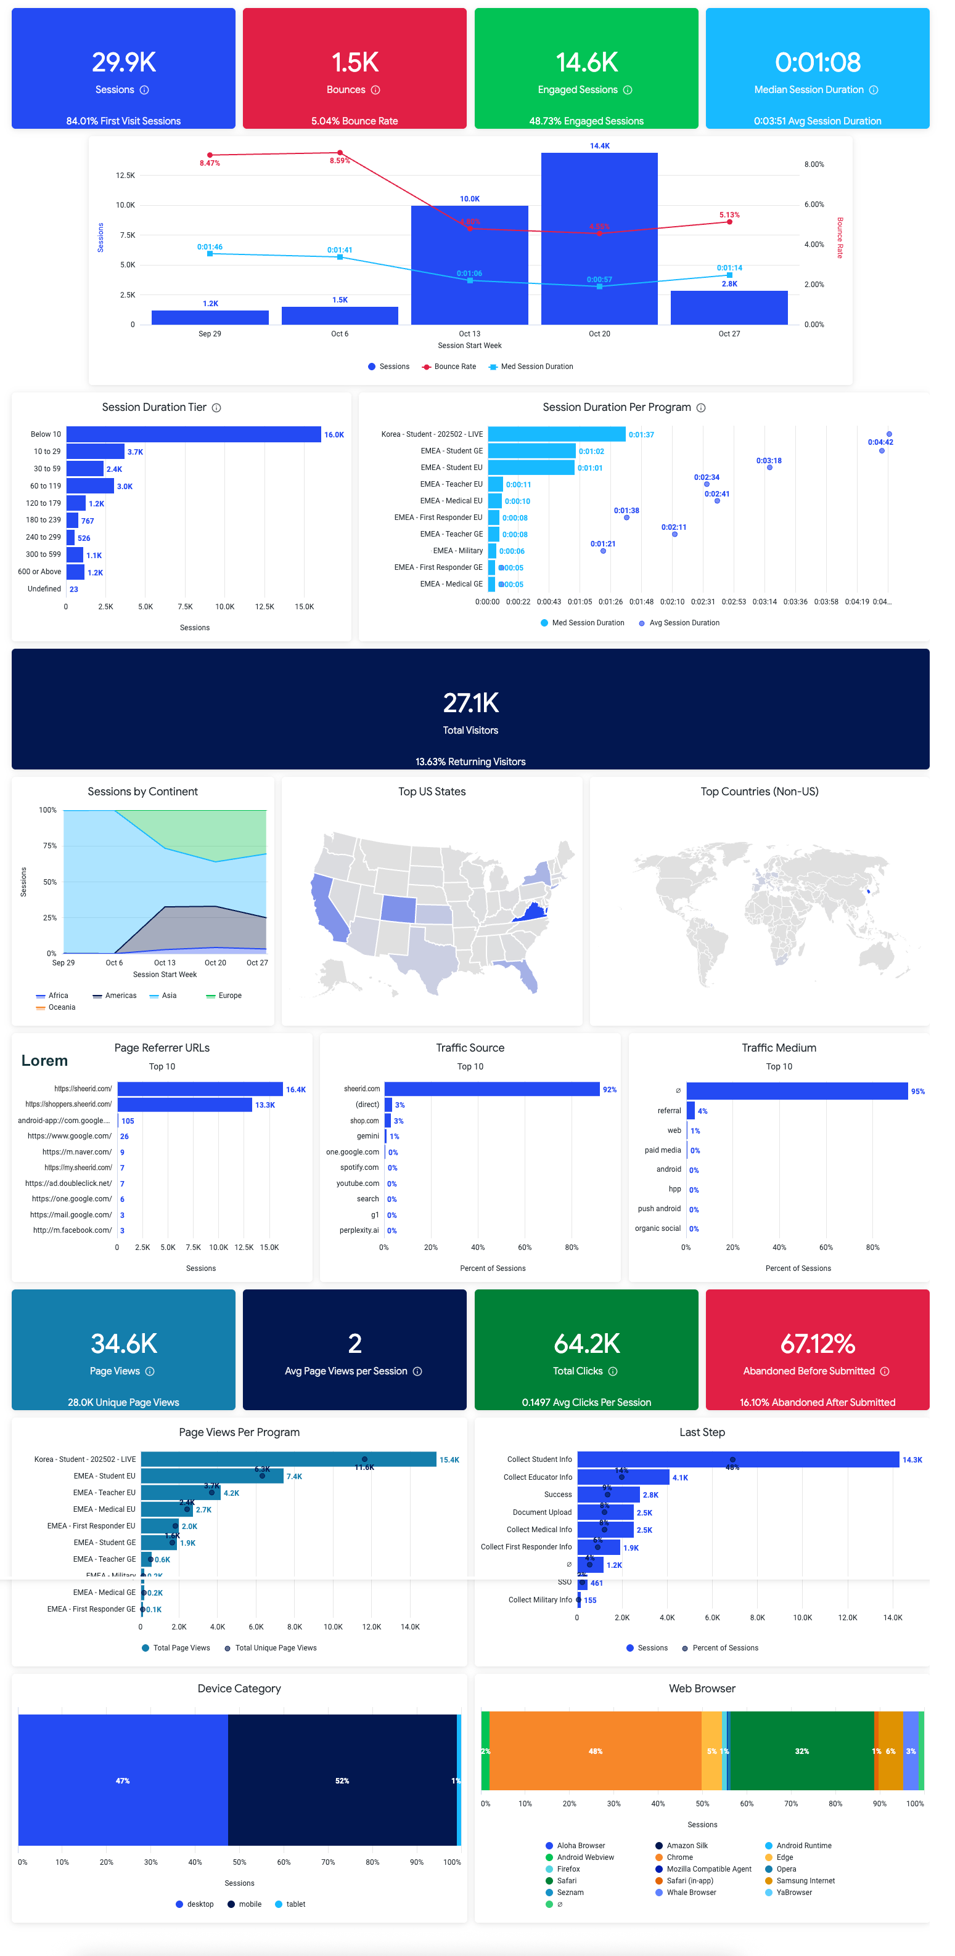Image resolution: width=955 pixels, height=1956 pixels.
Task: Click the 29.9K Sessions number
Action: click(124, 62)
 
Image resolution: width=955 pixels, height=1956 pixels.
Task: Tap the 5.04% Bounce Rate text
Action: click(354, 121)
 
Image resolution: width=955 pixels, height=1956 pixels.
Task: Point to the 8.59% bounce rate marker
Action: click(340, 153)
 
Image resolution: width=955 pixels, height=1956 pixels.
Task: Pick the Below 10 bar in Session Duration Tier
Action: click(193, 434)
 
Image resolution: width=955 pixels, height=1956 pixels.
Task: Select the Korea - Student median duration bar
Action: click(556, 434)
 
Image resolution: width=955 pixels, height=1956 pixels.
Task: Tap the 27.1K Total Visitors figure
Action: click(470, 703)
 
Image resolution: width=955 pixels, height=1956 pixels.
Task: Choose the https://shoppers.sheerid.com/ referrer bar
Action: click(184, 1105)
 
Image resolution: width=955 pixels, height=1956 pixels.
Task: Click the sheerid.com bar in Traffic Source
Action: click(491, 1090)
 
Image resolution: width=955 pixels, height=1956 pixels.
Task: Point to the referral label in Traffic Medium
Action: click(668, 1111)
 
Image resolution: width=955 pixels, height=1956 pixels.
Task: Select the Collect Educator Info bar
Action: click(623, 1478)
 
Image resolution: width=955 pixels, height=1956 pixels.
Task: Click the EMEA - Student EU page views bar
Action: click(212, 1476)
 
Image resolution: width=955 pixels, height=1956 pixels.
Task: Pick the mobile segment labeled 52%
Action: click(342, 1780)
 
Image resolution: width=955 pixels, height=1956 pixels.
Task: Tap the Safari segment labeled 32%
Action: click(801, 1751)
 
